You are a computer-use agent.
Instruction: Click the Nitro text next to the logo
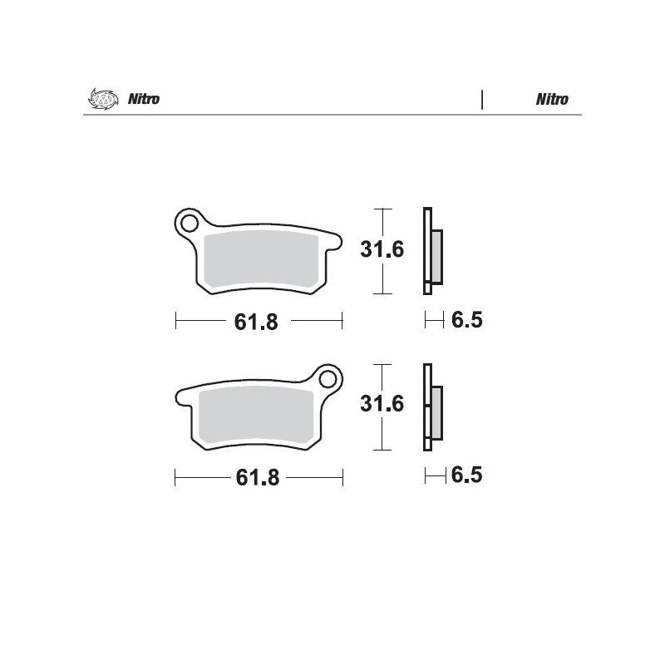click(144, 99)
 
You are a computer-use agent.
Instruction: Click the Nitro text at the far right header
click(552, 99)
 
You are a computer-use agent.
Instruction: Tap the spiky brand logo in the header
click(103, 99)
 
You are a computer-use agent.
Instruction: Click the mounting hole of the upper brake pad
click(190, 223)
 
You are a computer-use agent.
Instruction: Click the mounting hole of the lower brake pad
click(328, 379)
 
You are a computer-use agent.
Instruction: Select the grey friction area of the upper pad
click(261, 259)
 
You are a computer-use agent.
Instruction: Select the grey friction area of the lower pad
click(256, 415)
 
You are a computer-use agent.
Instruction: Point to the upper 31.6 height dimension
click(382, 249)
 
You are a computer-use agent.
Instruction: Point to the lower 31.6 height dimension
click(382, 404)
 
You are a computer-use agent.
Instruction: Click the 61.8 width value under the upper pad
click(256, 322)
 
